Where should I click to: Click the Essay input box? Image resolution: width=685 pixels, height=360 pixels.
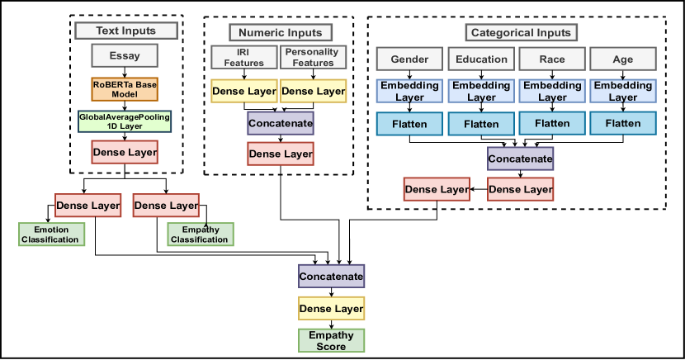coord(124,57)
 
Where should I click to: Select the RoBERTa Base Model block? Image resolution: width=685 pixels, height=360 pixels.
coord(124,88)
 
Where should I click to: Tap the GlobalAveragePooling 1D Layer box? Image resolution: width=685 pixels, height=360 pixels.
coord(125,121)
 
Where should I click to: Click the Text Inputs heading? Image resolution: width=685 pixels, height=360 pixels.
coord(126,31)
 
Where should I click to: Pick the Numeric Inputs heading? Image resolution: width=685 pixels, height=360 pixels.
coord(280,32)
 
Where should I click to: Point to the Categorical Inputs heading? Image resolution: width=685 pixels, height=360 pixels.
coord(520,33)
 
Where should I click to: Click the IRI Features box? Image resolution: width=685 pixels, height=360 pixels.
coord(243,58)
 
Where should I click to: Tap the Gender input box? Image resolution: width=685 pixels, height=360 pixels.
coord(409,59)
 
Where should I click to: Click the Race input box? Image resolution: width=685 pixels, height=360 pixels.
coord(552,59)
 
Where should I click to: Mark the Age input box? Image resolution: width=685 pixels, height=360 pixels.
coord(623,59)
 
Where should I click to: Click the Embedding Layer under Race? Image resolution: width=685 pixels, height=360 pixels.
coord(552,91)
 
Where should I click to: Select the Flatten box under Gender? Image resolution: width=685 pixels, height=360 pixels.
coord(409,124)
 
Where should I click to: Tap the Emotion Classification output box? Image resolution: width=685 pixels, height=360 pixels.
coord(51,234)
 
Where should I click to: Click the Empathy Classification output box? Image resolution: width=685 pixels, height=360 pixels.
coord(199,234)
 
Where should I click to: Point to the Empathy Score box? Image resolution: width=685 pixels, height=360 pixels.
coord(331,341)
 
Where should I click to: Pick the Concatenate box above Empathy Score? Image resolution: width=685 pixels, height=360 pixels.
coord(331,275)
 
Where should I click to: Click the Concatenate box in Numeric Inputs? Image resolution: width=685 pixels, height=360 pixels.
coord(281,124)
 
